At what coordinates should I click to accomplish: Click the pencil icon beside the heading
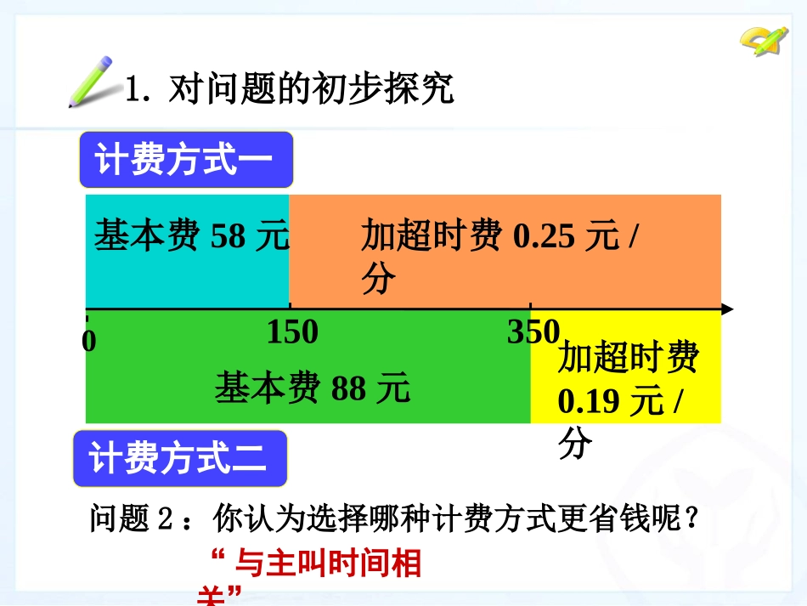91,82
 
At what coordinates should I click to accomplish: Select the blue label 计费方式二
179,459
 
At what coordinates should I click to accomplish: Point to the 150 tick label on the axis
292,332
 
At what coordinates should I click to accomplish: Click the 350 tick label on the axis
533,332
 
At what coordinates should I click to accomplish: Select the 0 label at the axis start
89,341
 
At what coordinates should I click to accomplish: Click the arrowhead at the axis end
726,309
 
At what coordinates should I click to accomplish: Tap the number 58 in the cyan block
227,235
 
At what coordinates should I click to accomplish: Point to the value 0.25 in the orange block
545,235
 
